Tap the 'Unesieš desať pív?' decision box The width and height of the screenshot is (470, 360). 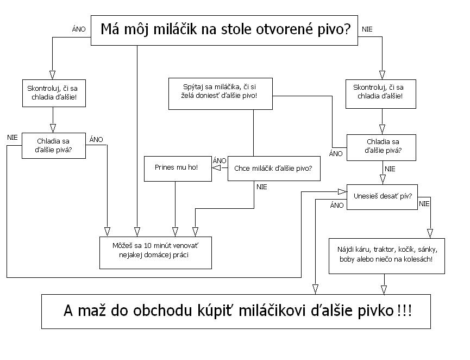382,196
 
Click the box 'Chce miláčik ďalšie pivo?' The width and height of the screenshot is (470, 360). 273,169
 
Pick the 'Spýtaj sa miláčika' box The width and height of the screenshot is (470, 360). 220,93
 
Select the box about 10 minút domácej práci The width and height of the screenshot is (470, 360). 155,252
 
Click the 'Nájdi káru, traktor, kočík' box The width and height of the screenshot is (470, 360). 387,255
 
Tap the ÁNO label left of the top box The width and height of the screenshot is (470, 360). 79,29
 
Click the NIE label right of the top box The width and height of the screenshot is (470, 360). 367,29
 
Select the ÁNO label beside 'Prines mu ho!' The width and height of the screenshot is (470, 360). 220,160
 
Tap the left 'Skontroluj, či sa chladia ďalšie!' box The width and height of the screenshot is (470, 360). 53,93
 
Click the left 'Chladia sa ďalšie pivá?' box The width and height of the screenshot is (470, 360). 53,146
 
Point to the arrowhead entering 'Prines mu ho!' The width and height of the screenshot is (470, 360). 216,168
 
